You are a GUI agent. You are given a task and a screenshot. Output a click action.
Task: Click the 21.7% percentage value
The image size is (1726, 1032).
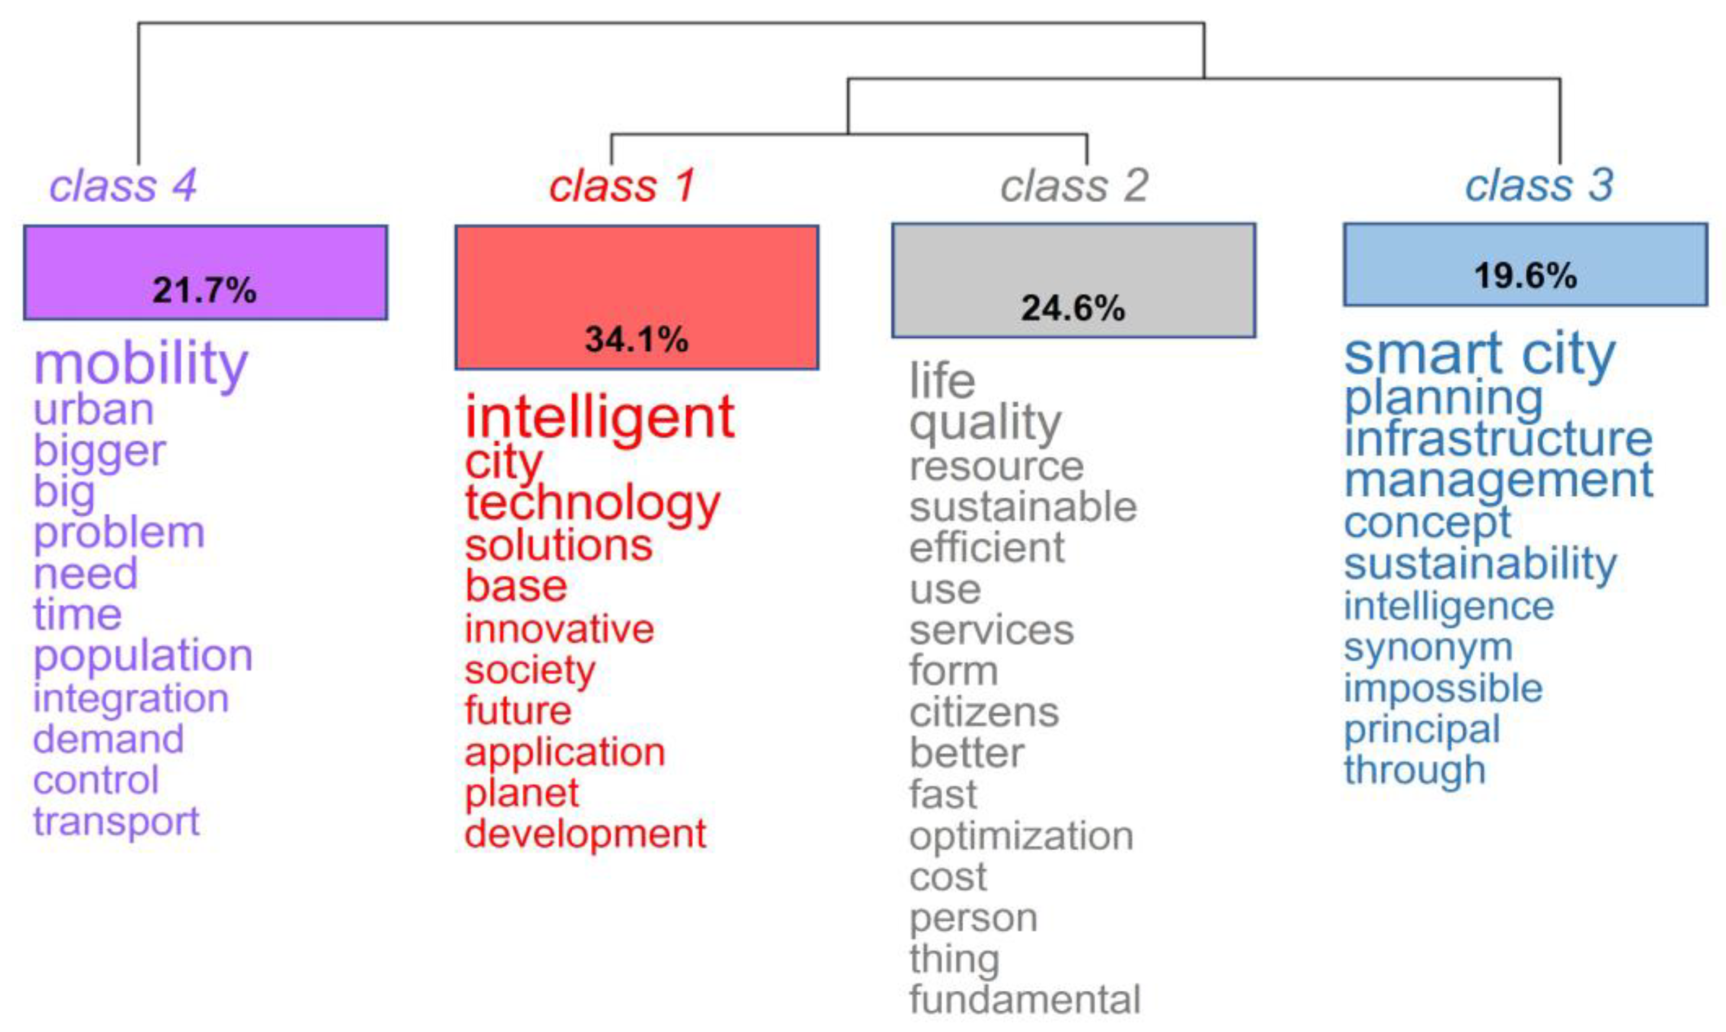pos(204,290)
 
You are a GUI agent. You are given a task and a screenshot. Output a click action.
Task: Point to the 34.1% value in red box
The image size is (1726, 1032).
pos(636,339)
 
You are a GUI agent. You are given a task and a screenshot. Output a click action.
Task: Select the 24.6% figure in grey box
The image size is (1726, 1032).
pos(1072,308)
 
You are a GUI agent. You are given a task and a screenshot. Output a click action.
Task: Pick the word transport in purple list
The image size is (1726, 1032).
pos(116,821)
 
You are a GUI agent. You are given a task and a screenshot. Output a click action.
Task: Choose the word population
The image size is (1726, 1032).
pos(143,655)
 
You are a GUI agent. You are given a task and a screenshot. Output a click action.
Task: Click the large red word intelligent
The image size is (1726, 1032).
pos(599,417)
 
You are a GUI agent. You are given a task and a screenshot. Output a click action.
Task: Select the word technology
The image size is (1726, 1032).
pos(592,503)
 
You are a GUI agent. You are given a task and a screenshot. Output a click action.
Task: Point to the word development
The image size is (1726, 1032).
pos(585,833)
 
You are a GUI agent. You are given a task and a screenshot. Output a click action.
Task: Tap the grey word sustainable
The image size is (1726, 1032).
pos(1023,507)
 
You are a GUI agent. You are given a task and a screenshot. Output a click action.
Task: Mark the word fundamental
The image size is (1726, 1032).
pos(1025,999)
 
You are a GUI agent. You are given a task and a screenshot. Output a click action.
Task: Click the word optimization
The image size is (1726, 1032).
pos(1021,835)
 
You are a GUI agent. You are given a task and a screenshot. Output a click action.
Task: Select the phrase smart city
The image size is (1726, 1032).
pos(1479,353)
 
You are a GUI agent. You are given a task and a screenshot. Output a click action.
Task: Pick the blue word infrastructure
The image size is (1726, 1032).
pos(1498,439)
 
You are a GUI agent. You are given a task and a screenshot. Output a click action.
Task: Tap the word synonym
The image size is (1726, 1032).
pos(1428,648)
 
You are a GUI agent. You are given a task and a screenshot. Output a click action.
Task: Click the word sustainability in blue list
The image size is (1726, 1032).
pos(1480,564)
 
